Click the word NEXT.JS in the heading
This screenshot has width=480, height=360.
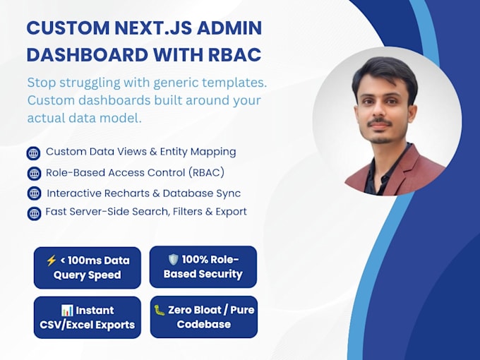point(153,28)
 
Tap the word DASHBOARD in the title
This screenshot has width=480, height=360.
point(88,55)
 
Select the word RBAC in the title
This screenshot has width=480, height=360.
point(235,55)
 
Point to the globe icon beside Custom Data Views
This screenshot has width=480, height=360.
point(33,153)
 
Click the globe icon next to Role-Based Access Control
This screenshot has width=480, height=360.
point(34,174)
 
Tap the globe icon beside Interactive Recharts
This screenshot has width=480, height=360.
point(34,193)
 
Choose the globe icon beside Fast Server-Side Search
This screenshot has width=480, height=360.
point(34,213)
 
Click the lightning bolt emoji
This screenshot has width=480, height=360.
point(51,260)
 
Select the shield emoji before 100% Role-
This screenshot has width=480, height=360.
point(173,260)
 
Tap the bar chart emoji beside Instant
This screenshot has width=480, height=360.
point(67,311)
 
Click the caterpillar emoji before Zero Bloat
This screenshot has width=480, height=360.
point(160,310)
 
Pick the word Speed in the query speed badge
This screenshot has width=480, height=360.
point(104,275)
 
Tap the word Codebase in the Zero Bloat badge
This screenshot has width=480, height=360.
point(204,324)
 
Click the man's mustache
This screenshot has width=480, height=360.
point(380,122)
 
